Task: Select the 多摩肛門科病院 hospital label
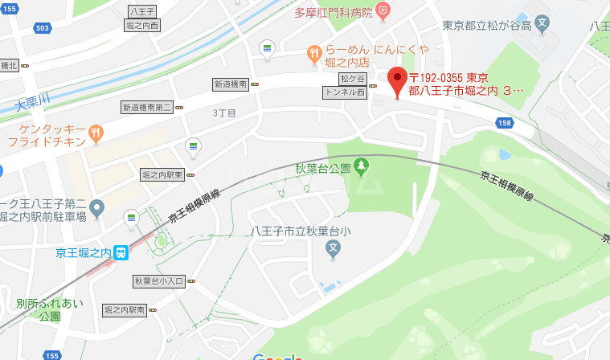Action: tap(333, 12)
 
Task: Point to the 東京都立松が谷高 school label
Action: tap(485, 25)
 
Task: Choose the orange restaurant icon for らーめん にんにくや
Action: tap(314, 54)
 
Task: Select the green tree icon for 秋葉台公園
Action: tap(362, 166)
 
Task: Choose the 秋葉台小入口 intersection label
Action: tap(158, 281)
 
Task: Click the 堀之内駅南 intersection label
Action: tap(125, 309)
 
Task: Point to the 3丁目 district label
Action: tap(224, 113)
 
